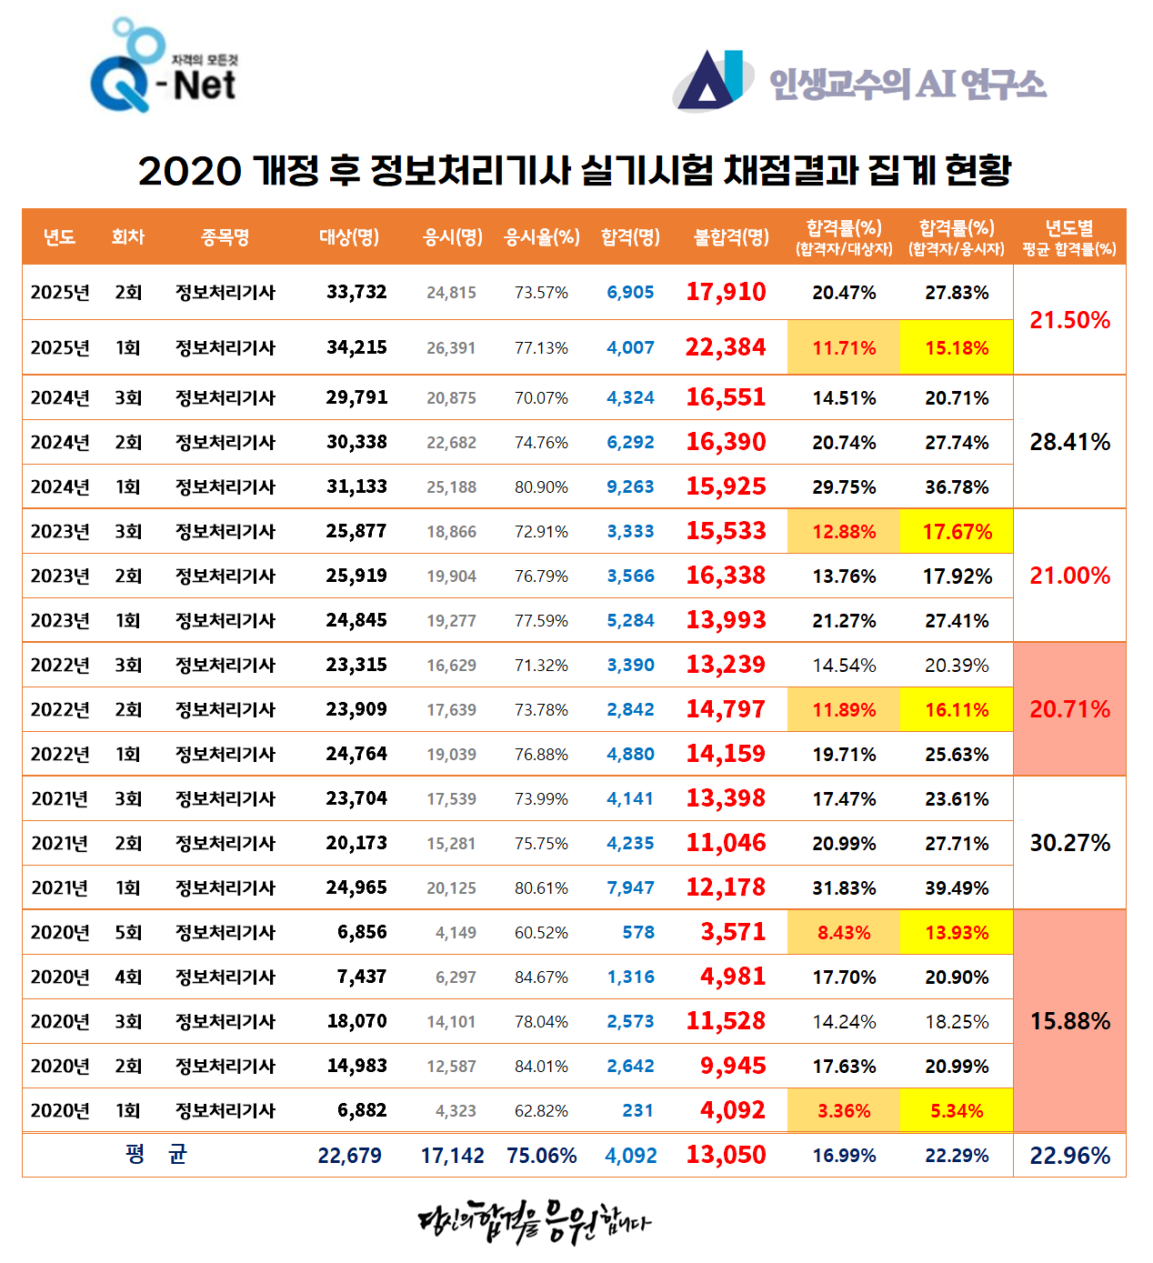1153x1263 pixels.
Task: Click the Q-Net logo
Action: [x=164, y=68]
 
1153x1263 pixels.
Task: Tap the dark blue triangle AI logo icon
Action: [x=710, y=80]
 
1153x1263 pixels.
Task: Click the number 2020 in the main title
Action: [x=189, y=171]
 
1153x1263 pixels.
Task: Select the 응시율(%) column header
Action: [x=542, y=237]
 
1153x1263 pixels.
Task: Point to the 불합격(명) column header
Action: [x=731, y=237]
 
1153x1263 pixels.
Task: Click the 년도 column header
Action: [x=59, y=237]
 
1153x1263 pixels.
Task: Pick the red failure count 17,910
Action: [x=726, y=292]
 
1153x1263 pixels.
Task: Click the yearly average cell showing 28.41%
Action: [x=1069, y=442]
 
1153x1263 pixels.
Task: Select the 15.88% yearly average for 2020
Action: [x=1069, y=1021]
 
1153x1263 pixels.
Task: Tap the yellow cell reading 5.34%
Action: [x=957, y=1110]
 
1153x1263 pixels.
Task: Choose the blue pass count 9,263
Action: [x=630, y=486]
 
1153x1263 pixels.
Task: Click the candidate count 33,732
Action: [x=356, y=292]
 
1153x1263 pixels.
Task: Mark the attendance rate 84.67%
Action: [x=541, y=977]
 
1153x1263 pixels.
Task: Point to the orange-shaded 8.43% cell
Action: [x=844, y=932]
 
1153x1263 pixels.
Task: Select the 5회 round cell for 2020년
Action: [x=128, y=932]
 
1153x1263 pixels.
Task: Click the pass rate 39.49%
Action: [x=957, y=887]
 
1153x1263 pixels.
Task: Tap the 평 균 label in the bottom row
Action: [x=155, y=1155]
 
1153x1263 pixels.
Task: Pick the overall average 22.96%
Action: [x=1069, y=1156]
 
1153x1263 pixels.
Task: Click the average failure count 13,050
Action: [x=726, y=1155]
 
